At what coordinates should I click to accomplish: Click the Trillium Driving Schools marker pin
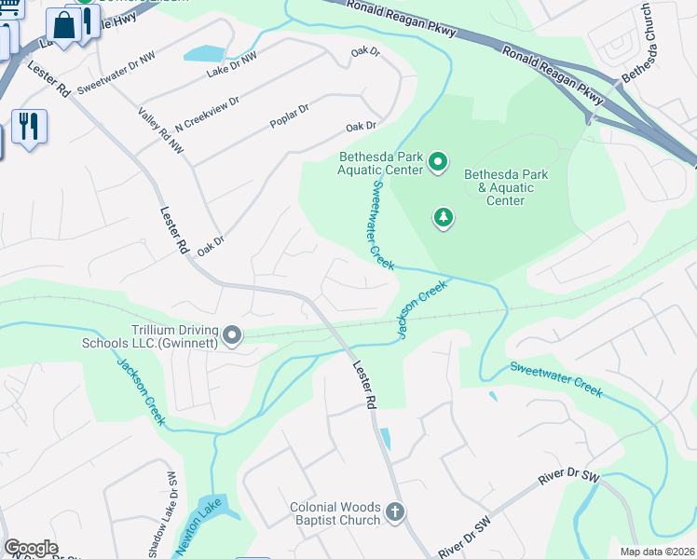pos(233,334)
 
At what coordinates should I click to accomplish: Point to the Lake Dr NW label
pos(231,63)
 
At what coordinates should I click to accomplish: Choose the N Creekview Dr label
pos(207,114)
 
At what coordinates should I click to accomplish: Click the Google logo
pos(31,548)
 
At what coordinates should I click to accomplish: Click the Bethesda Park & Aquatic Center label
pos(505,187)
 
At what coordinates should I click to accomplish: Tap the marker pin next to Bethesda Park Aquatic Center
pos(439,165)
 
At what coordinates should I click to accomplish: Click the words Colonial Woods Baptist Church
pos(335,514)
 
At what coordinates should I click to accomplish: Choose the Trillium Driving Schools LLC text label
pos(162,336)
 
